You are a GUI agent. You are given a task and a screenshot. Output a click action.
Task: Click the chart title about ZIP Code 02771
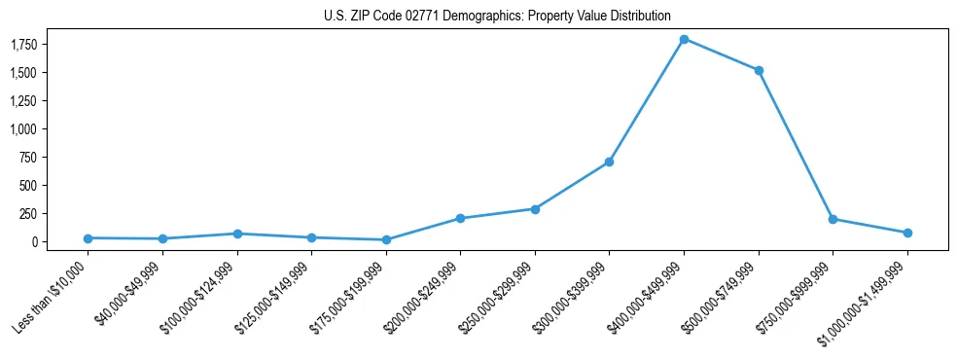click(497, 16)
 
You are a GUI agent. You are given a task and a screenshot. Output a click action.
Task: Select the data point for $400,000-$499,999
click(684, 39)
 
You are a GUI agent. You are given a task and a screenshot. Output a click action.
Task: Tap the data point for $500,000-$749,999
click(759, 71)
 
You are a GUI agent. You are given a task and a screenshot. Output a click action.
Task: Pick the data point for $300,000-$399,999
click(609, 162)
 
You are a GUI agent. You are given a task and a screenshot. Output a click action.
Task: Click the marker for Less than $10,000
click(88, 238)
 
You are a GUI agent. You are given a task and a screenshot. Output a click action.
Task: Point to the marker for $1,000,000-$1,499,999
click(907, 233)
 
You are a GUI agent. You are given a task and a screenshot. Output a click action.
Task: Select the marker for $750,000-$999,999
click(833, 219)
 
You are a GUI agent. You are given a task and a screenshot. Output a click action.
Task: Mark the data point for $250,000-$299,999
click(535, 209)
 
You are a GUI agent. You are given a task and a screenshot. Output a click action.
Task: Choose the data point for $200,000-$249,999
click(460, 218)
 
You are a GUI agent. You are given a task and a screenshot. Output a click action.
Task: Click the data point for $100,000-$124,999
click(237, 234)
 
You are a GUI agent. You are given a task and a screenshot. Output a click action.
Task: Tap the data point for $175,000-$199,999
click(386, 239)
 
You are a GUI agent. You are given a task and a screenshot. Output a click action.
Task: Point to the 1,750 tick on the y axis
click(23, 45)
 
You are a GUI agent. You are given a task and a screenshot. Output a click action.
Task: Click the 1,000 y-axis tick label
click(23, 129)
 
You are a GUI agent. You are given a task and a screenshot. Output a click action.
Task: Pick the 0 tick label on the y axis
click(33, 241)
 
